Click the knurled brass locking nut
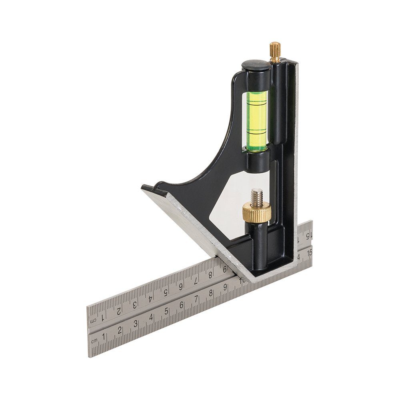click(x=256, y=212)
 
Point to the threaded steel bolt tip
click(x=257, y=196)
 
